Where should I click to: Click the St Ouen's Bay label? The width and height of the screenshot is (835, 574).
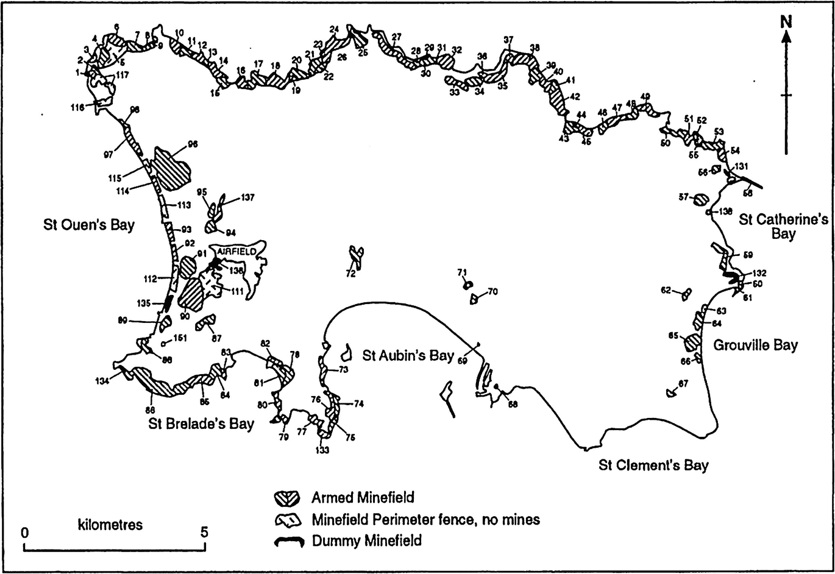[88, 224]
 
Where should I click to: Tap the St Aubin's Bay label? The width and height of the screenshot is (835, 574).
[408, 355]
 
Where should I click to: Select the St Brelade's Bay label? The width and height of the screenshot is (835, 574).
[201, 423]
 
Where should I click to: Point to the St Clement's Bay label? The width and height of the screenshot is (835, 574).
[653, 466]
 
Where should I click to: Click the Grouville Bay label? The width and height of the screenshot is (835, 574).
[755, 345]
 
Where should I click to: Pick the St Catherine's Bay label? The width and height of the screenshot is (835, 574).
[783, 226]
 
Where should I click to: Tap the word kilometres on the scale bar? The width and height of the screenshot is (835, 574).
[110, 524]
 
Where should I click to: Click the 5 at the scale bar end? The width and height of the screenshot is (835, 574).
[204, 532]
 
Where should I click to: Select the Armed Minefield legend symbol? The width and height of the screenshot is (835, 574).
[288, 498]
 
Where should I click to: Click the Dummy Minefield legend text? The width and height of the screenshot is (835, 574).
[366, 540]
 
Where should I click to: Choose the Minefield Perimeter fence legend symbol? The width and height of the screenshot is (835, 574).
[288, 520]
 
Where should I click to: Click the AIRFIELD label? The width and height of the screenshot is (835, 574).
[237, 251]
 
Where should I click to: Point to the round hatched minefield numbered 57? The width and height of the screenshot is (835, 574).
[701, 199]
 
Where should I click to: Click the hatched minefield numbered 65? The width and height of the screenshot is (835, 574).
[692, 342]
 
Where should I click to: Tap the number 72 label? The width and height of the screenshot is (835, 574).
[350, 275]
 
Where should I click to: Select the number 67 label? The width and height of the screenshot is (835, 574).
[683, 383]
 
